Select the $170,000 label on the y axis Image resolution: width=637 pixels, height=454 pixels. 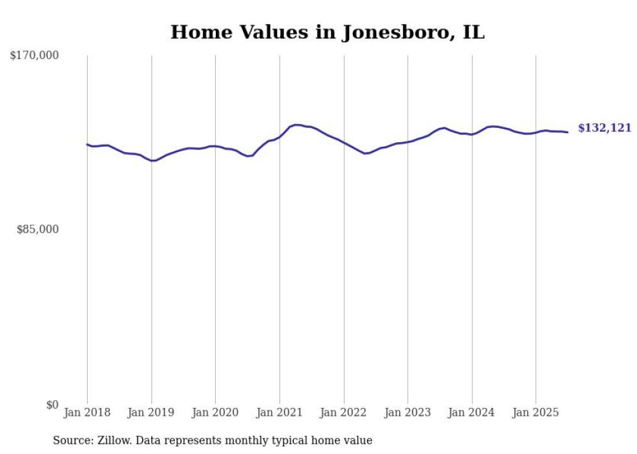tap(34, 56)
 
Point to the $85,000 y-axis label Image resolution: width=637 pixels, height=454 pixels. tap(37, 229)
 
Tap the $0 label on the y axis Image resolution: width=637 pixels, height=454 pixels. tap(52, 405)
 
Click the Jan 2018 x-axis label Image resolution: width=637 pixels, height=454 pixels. tap(87, 412)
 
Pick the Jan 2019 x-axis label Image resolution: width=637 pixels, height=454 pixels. tap(151, 412)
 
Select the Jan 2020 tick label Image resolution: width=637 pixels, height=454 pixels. tap(215, 412)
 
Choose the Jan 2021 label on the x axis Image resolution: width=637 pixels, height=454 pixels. tap(279, 412)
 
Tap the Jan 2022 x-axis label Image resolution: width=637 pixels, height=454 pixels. tap(343, 412)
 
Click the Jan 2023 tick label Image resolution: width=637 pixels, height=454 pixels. tap(408, 412)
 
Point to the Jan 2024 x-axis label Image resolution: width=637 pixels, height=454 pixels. tap(471, 412)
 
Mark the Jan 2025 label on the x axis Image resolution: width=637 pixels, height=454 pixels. tap(536, 412)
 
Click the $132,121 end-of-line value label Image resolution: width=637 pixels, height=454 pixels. tap(604, 129)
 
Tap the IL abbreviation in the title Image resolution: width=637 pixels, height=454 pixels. tap(473, 32)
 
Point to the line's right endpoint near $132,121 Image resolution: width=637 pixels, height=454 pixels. tap(568, 132)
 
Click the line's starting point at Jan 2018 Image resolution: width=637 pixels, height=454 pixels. tap(87, 144)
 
